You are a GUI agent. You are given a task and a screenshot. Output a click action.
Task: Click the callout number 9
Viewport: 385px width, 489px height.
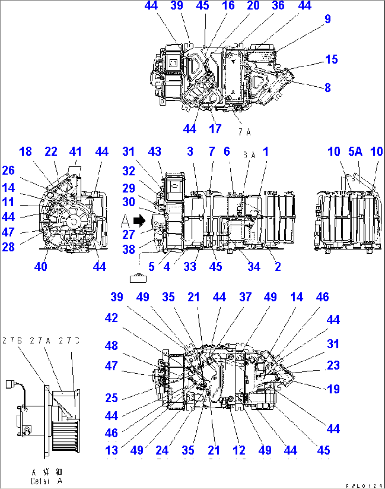(327, 19)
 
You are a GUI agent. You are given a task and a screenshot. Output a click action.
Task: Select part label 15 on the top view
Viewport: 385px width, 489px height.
(331, 59)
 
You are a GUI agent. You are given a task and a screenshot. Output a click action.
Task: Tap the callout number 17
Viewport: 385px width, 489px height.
(215, 129)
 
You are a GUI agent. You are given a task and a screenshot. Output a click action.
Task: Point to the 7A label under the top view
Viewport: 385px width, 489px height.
(244, 132)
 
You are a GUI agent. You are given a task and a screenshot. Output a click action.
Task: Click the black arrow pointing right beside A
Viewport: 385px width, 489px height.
(140, 220)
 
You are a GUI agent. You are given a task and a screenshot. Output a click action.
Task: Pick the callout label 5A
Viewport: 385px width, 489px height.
(355, 151)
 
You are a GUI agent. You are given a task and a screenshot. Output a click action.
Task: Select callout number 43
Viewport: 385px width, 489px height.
(155, 151)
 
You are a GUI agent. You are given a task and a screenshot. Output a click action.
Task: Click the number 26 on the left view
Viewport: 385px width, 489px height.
(8, 170)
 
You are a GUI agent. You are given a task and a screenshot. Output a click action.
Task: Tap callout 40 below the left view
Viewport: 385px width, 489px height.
(41, 266)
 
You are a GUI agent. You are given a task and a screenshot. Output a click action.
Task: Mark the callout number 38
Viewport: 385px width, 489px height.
(129, 249)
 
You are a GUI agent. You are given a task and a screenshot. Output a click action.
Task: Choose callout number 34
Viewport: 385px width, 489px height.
(254, 266)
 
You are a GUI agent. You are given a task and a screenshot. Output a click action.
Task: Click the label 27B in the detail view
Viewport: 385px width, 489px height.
(12, 340)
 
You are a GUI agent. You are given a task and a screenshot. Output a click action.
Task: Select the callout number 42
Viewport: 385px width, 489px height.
(111, 318)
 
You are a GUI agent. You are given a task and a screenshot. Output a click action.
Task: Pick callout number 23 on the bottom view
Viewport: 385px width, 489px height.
(333, 365)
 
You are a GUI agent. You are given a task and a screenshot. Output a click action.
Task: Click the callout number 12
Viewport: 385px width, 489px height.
(239, 450)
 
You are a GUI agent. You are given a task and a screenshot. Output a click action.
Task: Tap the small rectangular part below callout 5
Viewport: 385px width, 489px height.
(138, 279)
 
